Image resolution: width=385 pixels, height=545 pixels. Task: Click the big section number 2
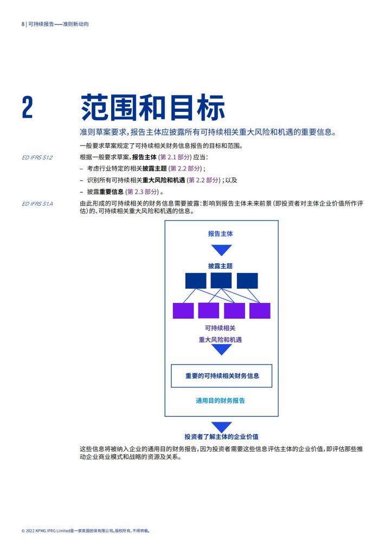coord(28,107)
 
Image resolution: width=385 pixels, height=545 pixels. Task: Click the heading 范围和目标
coord(153,107)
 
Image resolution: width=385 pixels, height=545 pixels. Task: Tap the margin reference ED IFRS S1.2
coord(37,157)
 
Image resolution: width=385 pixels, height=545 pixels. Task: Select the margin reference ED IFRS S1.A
coord(37,204)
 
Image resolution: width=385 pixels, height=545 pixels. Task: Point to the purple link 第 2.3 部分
coord(142,192)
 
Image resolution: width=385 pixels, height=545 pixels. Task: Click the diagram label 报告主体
coord(221,233)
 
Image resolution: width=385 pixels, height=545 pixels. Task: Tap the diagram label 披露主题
coord(221,266)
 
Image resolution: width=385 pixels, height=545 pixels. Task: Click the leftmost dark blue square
coord(196,281)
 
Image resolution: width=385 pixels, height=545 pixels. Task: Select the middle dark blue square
coord(221,281)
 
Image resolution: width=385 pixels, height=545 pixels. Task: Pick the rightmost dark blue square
coord(247,281)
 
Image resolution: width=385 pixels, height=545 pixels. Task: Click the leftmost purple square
coord(183,310)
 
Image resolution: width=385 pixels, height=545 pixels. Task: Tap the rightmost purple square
coord(260,310)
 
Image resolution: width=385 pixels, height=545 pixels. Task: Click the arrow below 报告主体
coord(221,250)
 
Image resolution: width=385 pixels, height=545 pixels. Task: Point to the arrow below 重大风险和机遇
coord(221,350)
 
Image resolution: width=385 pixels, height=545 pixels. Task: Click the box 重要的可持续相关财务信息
coord(221,376)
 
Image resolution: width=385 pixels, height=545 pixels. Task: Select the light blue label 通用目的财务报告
coord(221,401)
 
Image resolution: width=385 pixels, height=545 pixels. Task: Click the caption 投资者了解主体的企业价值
coord(221,436)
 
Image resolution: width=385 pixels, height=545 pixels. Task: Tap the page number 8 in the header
coord(23,24)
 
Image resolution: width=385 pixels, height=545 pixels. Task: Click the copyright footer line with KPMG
coord(86,531)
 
